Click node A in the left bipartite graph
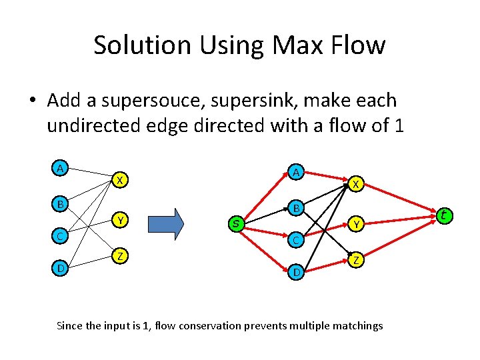click(61, 169)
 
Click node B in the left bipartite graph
click(61, 203)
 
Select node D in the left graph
click(61, 269)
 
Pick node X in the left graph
click(119, 180)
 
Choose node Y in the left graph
click(119, 219)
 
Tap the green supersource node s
click(235, 223)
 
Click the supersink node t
click(444, 215)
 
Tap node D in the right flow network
click(295, 272)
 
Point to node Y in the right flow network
click(357, 225)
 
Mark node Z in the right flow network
click(357, 261)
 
